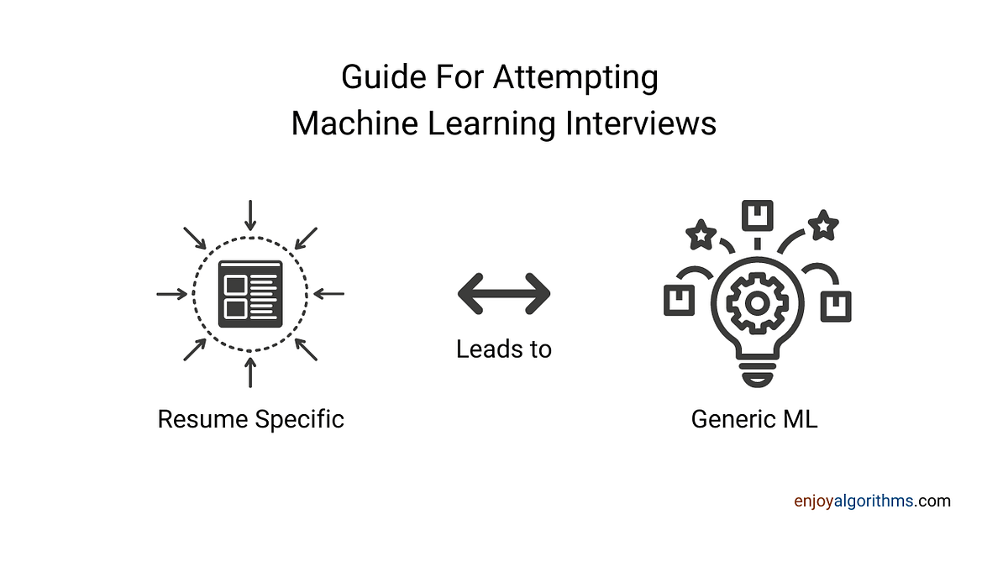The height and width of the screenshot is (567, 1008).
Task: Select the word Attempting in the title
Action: click(575, 78)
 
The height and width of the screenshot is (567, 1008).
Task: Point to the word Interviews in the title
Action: click(640, 123)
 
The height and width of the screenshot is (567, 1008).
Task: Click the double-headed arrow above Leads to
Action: click(504, 294)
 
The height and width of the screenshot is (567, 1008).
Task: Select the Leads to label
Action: click(504, 349)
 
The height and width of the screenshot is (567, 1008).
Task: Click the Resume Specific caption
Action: click(251, 418)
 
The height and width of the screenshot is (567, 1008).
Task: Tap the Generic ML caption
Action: click(754, 418)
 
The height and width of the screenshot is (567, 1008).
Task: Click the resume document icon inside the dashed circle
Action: click(250, 294)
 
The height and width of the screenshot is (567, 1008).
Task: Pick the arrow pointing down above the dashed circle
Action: click(250, 214)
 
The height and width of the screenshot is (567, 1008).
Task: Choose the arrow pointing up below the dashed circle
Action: click(250, 372)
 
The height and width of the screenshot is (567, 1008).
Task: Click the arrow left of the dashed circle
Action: click(172, 294)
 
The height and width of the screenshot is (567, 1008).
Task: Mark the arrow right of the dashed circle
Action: click(329, 294)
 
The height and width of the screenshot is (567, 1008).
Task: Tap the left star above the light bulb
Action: click(701, 235)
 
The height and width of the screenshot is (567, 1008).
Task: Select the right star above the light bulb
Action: click(822, 226)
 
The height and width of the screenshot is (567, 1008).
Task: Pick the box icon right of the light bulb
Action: click(835, 306)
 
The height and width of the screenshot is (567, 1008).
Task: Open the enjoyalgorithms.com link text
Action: click(872, 501)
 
